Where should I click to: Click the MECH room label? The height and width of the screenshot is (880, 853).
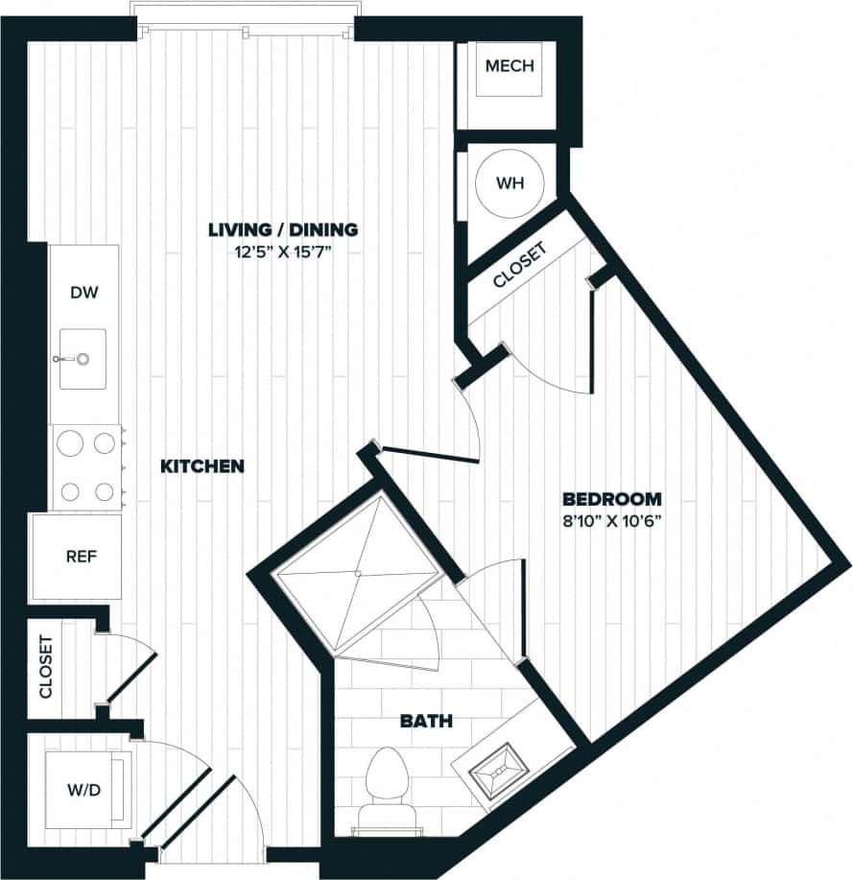pyautogui.click(x=509, y=67)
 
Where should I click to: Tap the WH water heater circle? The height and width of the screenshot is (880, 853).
pyautogui.click(x=509, y=183)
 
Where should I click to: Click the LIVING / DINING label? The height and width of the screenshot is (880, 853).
pyautogui.click(x=283, y=229)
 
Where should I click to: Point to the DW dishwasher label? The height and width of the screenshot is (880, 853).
pyautogui.click(x=84, y=293)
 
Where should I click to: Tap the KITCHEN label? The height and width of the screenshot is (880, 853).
pyautogui.click(x=201, y=466)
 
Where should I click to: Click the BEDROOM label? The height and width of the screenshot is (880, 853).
pyautogui.click(x=612, y=499)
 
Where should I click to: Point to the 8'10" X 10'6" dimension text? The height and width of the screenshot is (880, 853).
pyautogui.click(x=612, y=522)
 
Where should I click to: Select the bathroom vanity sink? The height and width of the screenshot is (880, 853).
pyautogui.click(x=498, y=768)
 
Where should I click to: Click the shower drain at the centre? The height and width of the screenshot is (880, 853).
pyautogui.click(x=356, y=574)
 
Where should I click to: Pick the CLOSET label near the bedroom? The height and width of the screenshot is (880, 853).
pyautogui.click(x=519, y=266)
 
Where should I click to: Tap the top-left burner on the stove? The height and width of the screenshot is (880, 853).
pyautogui.click(x=69, y=442)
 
